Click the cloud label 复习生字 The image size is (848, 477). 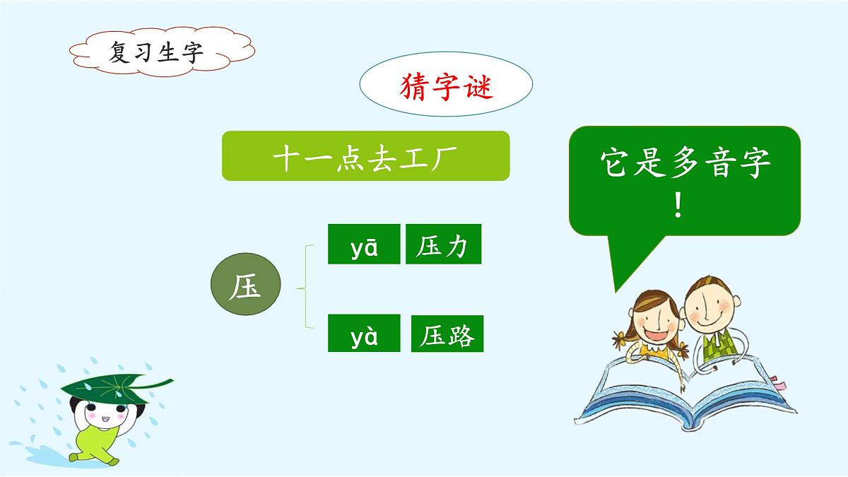click(155, 51)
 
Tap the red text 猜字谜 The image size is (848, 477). click(446, 87)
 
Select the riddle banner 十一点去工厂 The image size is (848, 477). click(365, 155)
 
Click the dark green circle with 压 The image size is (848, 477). click(246, 286)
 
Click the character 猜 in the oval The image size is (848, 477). click(414, 87)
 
